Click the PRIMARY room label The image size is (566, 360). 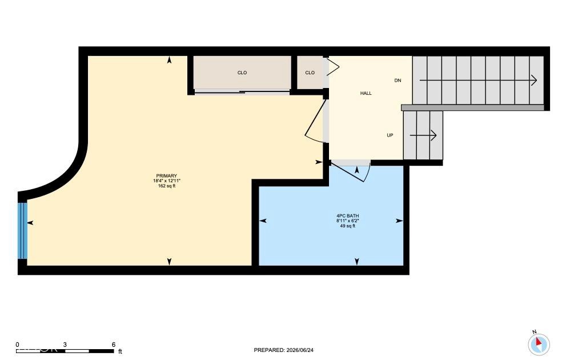166,176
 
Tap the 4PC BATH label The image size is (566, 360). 348,216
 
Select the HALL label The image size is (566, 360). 366,93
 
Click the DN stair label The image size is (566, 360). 398,81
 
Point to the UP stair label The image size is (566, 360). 390,135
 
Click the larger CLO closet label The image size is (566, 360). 242,73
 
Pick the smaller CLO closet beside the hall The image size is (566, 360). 310,73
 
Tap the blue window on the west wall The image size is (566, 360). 22,230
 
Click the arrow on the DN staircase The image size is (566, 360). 478,80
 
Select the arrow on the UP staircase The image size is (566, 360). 423,135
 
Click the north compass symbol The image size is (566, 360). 539,343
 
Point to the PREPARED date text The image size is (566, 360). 284,350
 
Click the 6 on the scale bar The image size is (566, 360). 113,345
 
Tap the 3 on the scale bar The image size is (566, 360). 65,345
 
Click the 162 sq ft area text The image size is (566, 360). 166,186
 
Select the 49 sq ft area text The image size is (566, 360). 348,226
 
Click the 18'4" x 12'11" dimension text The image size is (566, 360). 166,181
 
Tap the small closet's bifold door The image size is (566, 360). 333,67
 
